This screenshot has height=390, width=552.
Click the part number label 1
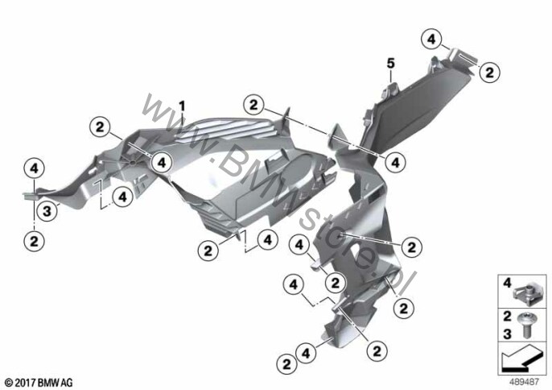(x=182, y=106)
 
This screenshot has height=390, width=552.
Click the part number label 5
(x=391, y=64)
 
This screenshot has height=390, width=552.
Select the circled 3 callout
(x=47, y=211)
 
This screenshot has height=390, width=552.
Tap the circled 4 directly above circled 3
(x=34, y=168)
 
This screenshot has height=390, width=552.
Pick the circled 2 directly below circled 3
(x=34, y=242)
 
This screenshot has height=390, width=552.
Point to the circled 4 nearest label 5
(x=431, y=39)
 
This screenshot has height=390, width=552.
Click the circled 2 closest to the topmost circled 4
(x=489, y=73)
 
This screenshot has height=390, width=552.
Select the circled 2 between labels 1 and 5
(x=253, y=105)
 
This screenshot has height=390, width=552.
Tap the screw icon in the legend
(x=526, y=326)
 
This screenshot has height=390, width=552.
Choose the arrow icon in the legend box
(x=521, y=357)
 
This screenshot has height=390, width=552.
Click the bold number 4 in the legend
(x=507, y=283)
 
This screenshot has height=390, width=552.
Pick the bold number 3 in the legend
(x=507, y=334)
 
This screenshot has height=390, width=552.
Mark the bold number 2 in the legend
(x=507, y=317)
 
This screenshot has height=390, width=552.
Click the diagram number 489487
(x=525, y=382)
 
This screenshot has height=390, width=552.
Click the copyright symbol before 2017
(x=9, y=382)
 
